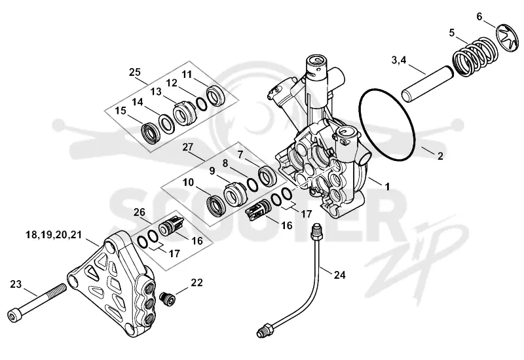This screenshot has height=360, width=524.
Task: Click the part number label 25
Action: pyautogui.click(x=136, y=72)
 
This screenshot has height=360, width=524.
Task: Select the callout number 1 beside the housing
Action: pyautogui.click(x=387, y=187)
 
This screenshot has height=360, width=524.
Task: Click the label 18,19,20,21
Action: pyautogui.click(x=54, y=235)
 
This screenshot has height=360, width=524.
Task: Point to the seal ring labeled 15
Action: pyautogui.click(x=150, y=132)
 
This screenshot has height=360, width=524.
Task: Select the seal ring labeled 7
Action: pyautogui.click(x=269, y=175)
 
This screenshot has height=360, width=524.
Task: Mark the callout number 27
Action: pyautogui.click(x=188, y=147)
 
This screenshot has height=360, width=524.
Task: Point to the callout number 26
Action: pyautogui.click(x=140, y=212)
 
